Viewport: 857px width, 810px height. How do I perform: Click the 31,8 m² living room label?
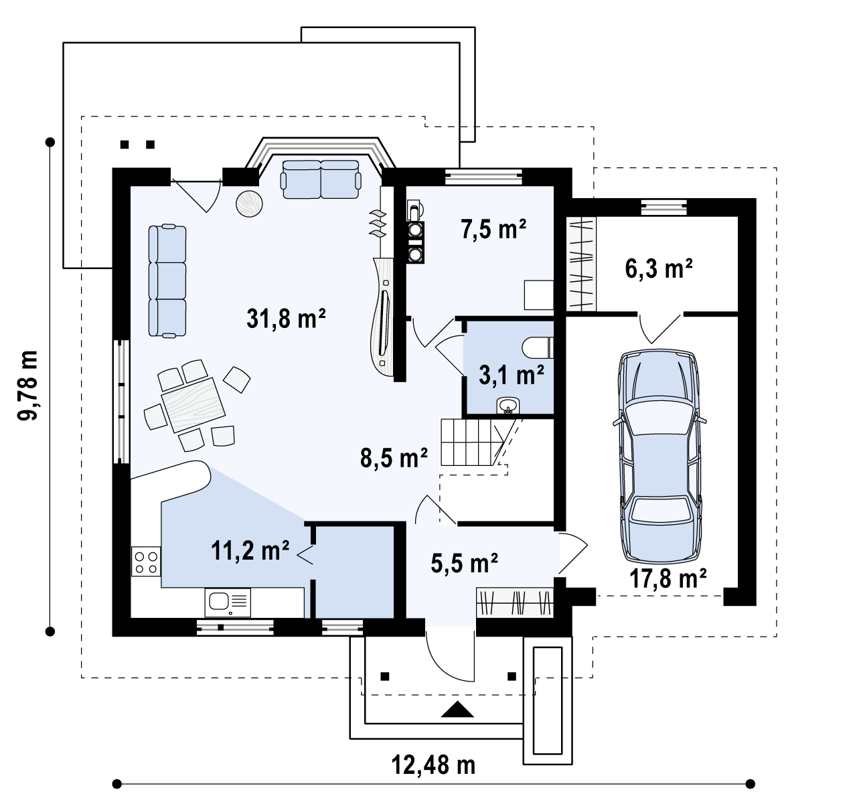click(x=286, y=318)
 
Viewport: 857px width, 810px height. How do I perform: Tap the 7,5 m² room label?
click(x=493, y=229)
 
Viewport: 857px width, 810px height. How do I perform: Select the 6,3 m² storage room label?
click(x=659, y=268)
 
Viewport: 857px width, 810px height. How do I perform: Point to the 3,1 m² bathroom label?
click(x=512, y=375)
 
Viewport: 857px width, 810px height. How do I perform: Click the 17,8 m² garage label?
click(x=668, y=578)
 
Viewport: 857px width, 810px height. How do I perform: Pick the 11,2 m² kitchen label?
click(x=250, y=551)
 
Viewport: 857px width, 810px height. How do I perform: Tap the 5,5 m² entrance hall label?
click(x=464, y=563)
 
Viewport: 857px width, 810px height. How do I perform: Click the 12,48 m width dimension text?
click(x=433, y=764)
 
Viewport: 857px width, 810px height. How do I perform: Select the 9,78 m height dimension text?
click(x=27, y=386)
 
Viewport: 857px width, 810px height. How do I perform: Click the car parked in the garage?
click(x=660, y=455)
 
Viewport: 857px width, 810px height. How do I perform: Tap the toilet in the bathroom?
click(x=538, y=348)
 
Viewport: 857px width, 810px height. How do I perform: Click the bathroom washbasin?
click(x=508, y=406)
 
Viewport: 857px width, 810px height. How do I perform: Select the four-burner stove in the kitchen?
click(x=146, y=562)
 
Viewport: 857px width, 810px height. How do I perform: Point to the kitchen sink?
click(x=228, y=602)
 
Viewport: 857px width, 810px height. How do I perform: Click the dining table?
click(x=193, y=405)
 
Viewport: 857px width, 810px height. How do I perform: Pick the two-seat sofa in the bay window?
click(x=321, y=179)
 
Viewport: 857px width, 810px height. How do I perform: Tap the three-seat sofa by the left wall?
click(x=167, y=281)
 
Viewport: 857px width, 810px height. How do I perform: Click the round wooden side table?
click(x=249, y=204)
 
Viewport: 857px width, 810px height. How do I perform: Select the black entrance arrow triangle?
click(x=457, y=710)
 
